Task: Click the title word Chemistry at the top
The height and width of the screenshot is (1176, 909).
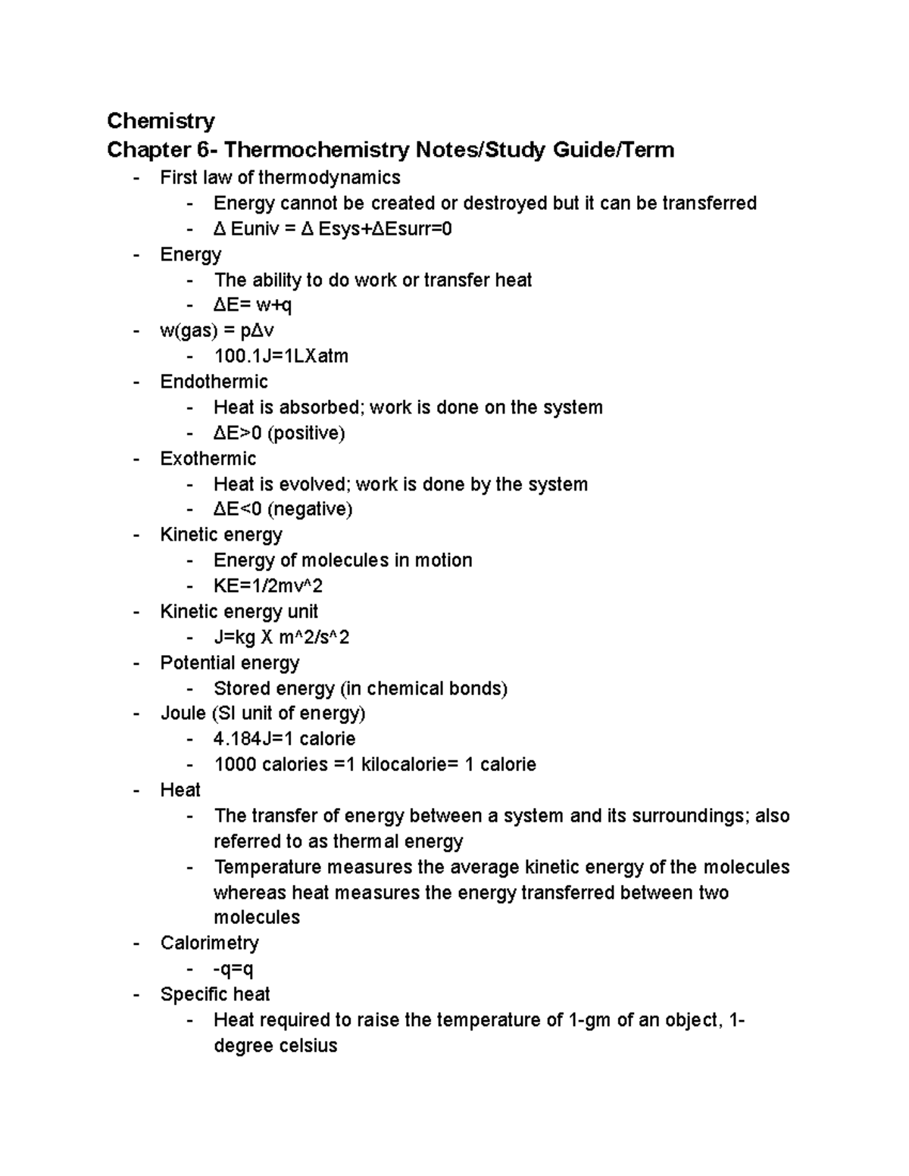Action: coord(161,120)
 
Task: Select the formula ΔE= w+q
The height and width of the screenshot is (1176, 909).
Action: coord(253,305)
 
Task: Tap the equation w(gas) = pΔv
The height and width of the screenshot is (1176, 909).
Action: coord(217,331)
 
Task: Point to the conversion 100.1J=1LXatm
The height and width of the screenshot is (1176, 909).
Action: coord(281,356)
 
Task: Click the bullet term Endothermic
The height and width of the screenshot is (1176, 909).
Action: coord(214,382)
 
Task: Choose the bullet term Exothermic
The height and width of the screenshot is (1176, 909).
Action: coord(208,459)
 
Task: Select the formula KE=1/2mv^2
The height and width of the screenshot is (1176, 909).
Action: coord(269,586)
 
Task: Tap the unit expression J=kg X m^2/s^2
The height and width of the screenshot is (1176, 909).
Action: coord(282,638)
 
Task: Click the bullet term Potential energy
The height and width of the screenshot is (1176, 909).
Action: coord(230,663)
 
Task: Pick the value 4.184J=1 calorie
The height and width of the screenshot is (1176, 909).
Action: coord(285,738)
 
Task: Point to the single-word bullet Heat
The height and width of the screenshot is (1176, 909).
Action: coord(180,790)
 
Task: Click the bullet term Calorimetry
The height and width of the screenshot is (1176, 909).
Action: coord(210,943)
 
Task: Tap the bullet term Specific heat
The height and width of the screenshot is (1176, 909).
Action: coord(215,994)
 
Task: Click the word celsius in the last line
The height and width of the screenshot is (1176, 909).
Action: coord(306,1047)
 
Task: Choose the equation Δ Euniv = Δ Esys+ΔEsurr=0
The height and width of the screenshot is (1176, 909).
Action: coord(333,229)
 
